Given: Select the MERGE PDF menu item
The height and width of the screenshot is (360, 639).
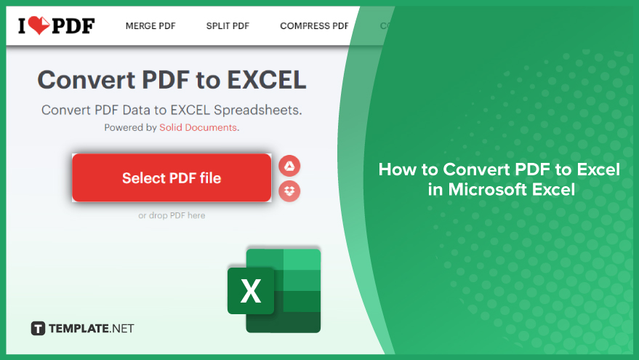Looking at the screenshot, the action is pyautogui.click(x=150, y=26).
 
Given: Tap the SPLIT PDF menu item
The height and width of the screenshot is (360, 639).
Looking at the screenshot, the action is pyautogui.click(x=228, y=26).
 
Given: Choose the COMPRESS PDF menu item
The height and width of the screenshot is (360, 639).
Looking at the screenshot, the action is pyautogui.click(x=314, y=26).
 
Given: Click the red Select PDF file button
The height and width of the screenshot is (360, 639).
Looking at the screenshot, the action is pyautogui.click(x=172, y=177).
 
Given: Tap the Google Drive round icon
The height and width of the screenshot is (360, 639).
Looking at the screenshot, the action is pyautogui.click(x=289, y=166).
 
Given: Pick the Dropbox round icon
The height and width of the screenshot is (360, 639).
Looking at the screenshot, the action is pyautogui.click(x=289, y=191).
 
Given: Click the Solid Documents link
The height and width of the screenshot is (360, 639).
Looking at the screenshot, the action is pyautogui.click(x=198, y=127).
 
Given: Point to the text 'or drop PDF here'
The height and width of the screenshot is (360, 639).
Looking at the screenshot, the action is pyautogui.click(x=172, y=215).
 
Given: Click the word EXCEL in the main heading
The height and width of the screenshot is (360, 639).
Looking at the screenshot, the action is pyautogui.click(x=267, y=79).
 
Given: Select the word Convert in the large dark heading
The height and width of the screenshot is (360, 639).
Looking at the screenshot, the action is pyautogui.click(x=87, y=79).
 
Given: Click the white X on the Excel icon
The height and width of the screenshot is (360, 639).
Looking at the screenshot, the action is pyautogui.click(x=251, y=291).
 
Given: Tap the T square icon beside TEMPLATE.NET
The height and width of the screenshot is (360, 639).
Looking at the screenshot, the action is pyautogui.click(x=38, y=328).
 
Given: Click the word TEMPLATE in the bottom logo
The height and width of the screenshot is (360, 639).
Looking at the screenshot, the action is pyautogui.click(x=79, y=329).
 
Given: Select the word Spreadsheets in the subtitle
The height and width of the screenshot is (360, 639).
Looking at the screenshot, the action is pyautogui.click(x=257, y=110).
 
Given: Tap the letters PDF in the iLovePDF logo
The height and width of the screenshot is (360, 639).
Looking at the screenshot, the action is pyautogui.click(x=73, y=26).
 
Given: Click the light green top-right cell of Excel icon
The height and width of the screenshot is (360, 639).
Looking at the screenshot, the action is pyautogui.click(x=302, y=260).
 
